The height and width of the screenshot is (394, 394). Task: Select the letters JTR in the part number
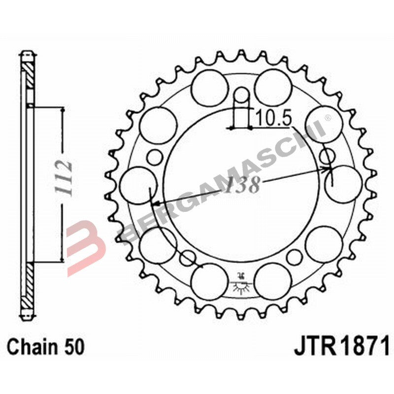[313, 346]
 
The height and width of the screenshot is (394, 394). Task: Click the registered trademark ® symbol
[327, 118]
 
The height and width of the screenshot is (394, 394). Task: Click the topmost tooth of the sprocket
[241, 53]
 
